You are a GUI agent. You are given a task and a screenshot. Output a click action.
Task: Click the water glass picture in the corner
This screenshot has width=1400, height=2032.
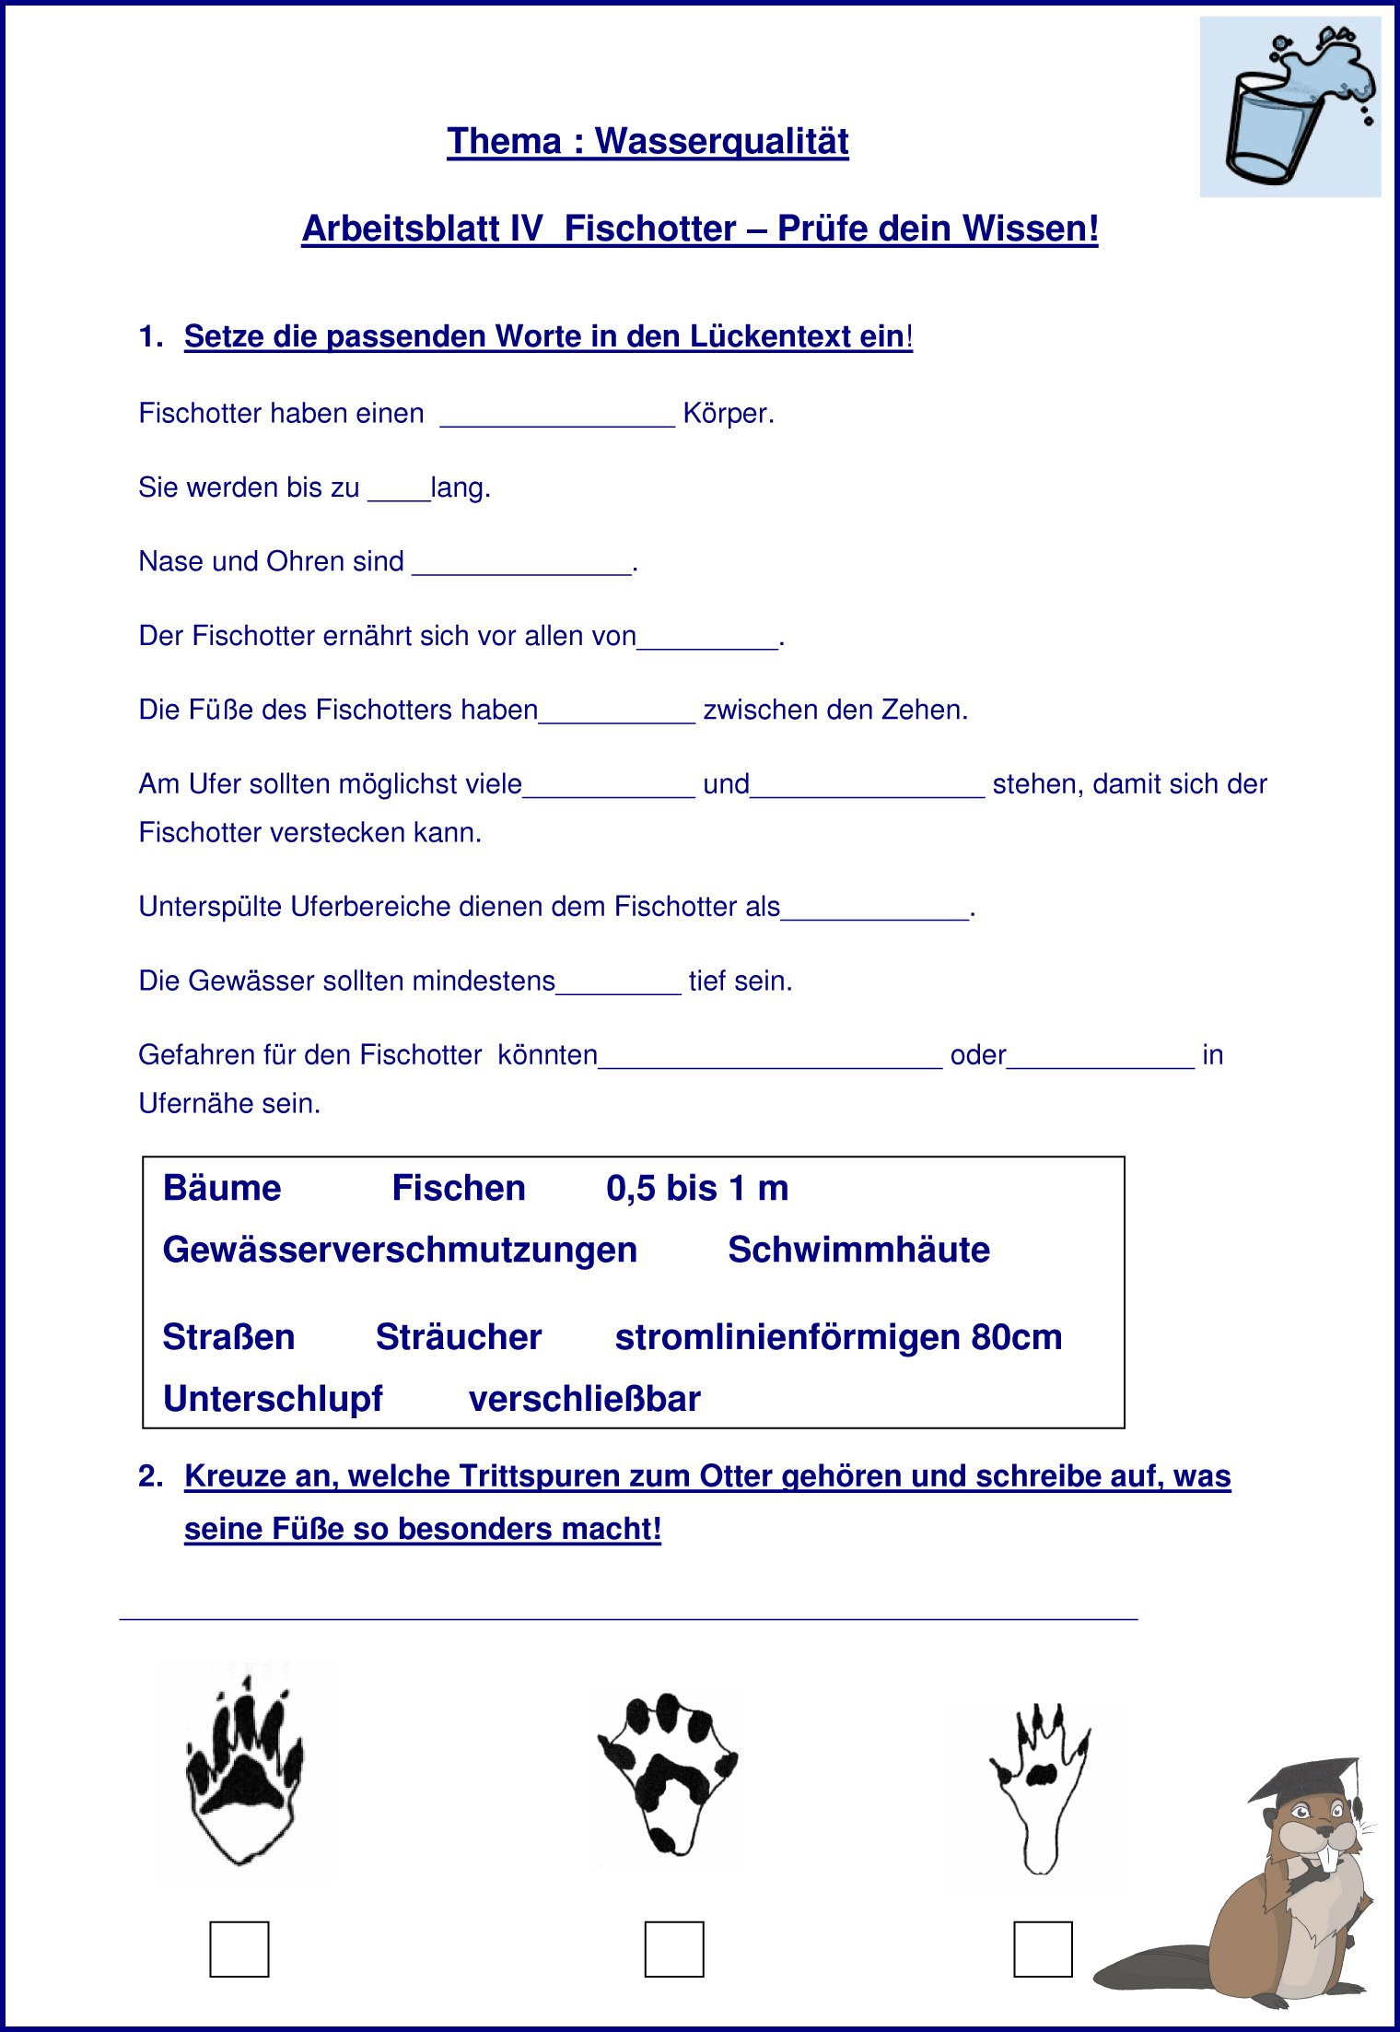(1289, 107)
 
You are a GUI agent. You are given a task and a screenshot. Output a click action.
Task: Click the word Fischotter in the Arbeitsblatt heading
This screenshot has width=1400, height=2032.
(649, 229)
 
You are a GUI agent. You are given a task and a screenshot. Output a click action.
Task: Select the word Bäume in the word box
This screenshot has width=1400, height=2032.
(222, 1189)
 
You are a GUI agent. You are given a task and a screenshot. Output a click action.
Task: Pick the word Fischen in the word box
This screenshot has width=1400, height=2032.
(459, 1189)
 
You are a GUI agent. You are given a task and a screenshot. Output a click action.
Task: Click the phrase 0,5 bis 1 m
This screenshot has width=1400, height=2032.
(697, 1189)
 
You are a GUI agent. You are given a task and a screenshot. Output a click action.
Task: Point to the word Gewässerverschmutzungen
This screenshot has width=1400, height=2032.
(400, 1251)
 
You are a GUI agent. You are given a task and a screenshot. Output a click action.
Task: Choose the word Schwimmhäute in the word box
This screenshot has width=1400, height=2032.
(858, 1251)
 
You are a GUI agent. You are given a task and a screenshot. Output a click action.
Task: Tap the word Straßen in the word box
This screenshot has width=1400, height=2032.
(228, 1337)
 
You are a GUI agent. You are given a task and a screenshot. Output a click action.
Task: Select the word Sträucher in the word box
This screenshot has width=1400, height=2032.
(459, 1337)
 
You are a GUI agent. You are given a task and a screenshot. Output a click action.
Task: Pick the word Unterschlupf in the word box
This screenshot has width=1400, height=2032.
(273, 1399)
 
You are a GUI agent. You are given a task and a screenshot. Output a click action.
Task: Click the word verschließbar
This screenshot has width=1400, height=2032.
(585, 1399)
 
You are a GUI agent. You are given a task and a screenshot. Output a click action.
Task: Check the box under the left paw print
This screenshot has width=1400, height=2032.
(239, 1949)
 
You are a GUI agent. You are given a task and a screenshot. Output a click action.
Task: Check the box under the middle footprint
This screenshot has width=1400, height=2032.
(674, 1949)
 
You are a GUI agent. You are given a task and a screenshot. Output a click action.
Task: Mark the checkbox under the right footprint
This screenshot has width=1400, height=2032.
(1043, 1949)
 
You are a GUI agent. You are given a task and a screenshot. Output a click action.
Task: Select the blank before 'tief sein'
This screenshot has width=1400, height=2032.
(618, 982)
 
